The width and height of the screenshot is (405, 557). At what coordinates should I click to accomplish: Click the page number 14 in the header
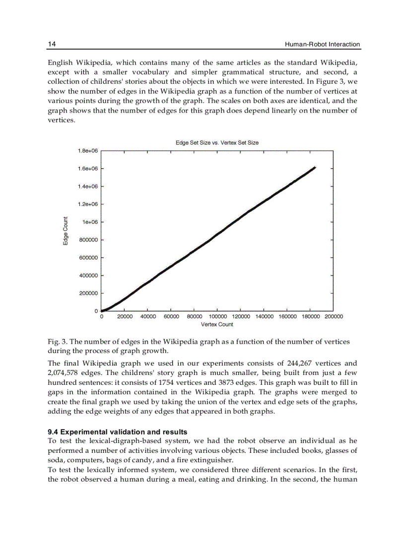(x=52, y=44)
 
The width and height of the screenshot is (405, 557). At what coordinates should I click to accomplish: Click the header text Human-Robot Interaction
(x=322, y=45)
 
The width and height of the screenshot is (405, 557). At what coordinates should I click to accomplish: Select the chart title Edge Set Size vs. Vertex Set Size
(x=217, y=142)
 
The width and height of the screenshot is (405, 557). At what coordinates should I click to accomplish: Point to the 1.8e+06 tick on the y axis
(x=88, y=151)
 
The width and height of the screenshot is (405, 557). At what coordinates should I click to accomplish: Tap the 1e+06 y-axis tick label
(x=91, y=222)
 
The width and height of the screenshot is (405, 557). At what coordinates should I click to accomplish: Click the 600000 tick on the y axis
(x=88, y=258)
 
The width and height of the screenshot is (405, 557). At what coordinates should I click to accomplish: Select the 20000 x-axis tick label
(x=125, y=316)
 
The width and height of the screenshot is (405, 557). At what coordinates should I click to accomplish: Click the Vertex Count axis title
(x=217, y=324)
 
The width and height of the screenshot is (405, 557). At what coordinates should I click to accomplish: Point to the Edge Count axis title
(x=66, y=231)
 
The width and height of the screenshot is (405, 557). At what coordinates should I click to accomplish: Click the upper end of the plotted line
(x=315, y=168)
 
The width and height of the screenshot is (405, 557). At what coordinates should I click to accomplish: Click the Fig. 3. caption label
(x=57, y=342)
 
